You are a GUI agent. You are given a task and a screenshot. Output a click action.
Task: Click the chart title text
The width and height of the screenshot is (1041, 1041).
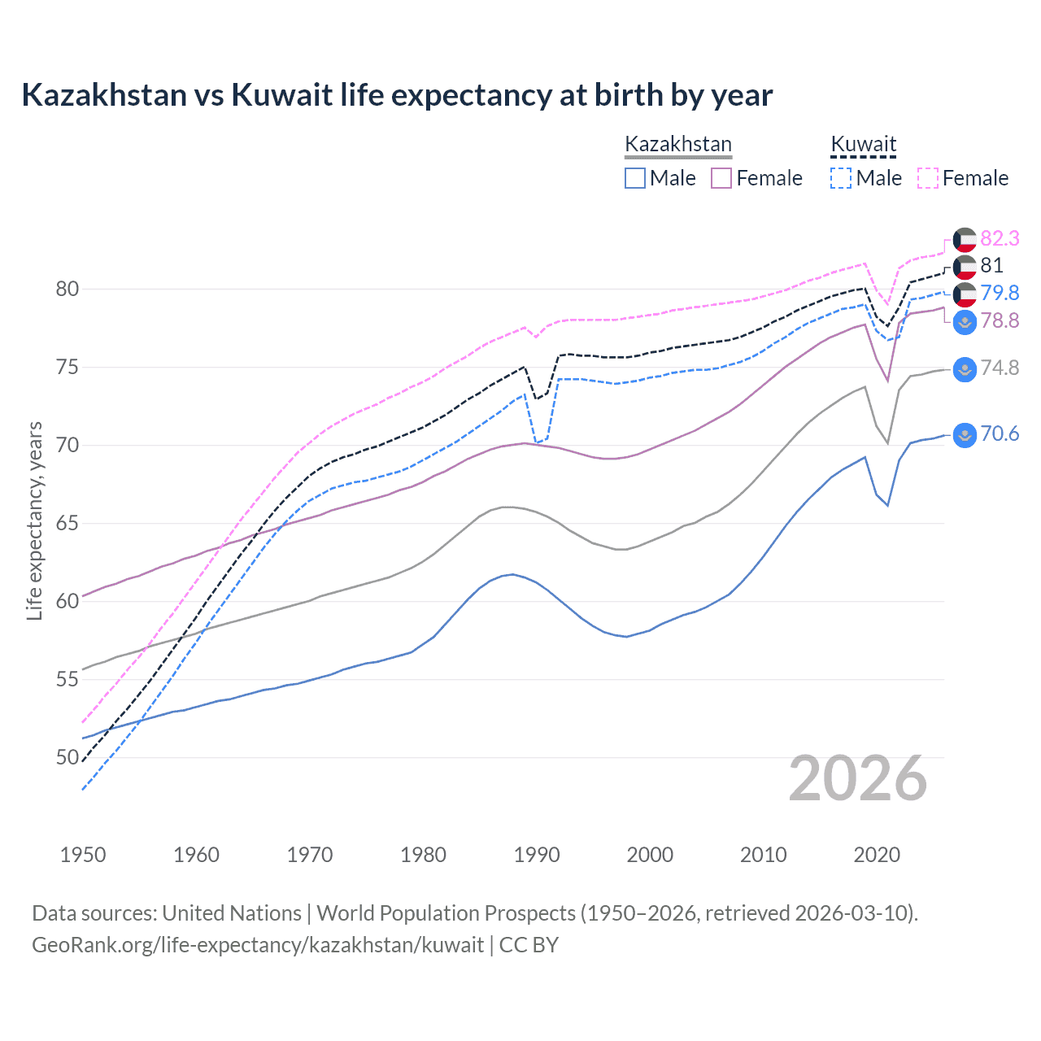click(x=397, y=95)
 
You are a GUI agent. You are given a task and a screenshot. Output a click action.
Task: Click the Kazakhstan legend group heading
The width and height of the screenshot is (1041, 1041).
click(x=678, y=144)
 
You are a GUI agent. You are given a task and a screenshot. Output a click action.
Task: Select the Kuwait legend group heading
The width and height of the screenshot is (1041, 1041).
click(x=863, y=144)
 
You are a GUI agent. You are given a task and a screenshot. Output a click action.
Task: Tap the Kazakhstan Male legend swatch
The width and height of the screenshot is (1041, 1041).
click(x=635, y=178)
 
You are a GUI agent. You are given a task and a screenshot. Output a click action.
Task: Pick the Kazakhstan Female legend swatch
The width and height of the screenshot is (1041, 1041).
click(x=721, y=178)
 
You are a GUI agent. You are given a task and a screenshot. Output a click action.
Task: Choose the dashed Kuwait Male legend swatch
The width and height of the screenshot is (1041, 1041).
click(x=841, y=178)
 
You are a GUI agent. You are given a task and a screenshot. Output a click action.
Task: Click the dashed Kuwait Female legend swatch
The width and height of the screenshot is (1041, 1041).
click(x=928, y=178)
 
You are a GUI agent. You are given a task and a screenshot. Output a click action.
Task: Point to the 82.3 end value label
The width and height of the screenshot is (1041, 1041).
click(x=1000, y=238)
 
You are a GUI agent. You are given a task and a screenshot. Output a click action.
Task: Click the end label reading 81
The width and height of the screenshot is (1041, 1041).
click(x=991, y=265)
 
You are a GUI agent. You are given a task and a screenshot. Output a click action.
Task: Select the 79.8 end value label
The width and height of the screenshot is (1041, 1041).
click(x=1000, y=293)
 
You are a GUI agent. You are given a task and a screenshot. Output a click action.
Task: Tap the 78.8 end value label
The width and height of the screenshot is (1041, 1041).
click(x=1000, y=320)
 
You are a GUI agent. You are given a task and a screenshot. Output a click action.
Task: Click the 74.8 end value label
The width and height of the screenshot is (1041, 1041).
click(x=1000, y=368)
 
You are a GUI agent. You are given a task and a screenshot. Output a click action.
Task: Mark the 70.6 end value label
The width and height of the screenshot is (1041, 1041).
click(x=1000, y=433)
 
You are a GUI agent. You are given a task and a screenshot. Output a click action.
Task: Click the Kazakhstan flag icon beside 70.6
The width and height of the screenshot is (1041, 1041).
click(x=965, y=435)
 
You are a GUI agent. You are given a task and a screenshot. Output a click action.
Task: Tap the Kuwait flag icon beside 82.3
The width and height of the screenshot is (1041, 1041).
click(x=965, y=239)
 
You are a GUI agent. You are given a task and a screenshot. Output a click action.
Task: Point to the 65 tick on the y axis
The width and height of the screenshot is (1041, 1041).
click(x=68, y=523)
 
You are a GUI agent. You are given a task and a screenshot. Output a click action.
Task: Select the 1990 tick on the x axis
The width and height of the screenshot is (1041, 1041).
click(x=537, y=855)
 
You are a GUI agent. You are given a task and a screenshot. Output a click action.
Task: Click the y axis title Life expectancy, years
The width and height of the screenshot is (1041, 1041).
click(x=34, y=520)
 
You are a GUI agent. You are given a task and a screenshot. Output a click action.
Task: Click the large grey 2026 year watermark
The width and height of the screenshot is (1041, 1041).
click(x=858, y=778)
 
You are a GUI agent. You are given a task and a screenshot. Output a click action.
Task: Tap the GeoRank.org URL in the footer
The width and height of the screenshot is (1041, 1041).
click(x=258, y=945)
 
